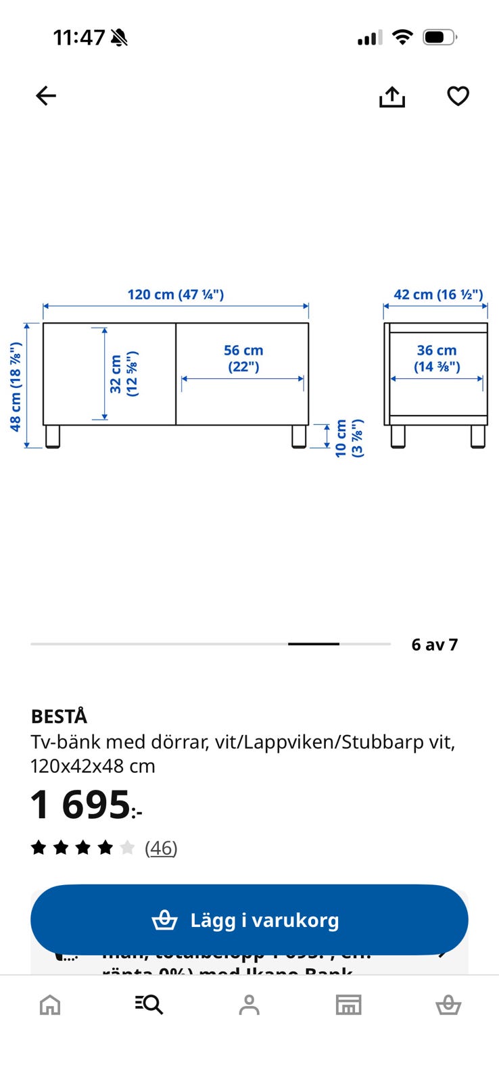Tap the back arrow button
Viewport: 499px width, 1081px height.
click(x=46, y=96)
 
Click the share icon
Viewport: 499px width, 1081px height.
click(x=391, y=97)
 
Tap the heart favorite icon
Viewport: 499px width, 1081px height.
click(x=458, y=96)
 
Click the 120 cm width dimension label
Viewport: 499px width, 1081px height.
click(x=175, y=295)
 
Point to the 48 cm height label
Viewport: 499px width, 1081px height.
click(x=16, y=386)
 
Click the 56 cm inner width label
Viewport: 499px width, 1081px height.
click(x=243, y=358)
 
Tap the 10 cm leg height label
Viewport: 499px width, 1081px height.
click(x=349, y=438)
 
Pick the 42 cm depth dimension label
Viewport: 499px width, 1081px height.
click(x=438, y=295)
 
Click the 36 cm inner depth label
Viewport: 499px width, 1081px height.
click(x=437, y=358)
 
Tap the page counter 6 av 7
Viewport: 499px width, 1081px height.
click(x=434, y=645)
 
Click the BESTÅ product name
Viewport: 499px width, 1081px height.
click(x=60, y=716)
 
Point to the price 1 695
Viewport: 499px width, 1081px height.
click(x=81, y=805)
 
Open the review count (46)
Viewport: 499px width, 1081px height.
click(x=161, y=848)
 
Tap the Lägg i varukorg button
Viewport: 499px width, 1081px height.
click(x=249, y=920)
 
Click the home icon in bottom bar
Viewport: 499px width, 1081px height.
click(x=50, y=1005)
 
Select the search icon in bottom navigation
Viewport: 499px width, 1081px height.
click(x=149, y=1005)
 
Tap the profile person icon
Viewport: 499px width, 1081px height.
click(x=249, y=1005)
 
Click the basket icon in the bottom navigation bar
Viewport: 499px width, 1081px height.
click(x=448, y=1005)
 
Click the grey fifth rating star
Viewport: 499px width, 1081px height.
click(x=127, y=848)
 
